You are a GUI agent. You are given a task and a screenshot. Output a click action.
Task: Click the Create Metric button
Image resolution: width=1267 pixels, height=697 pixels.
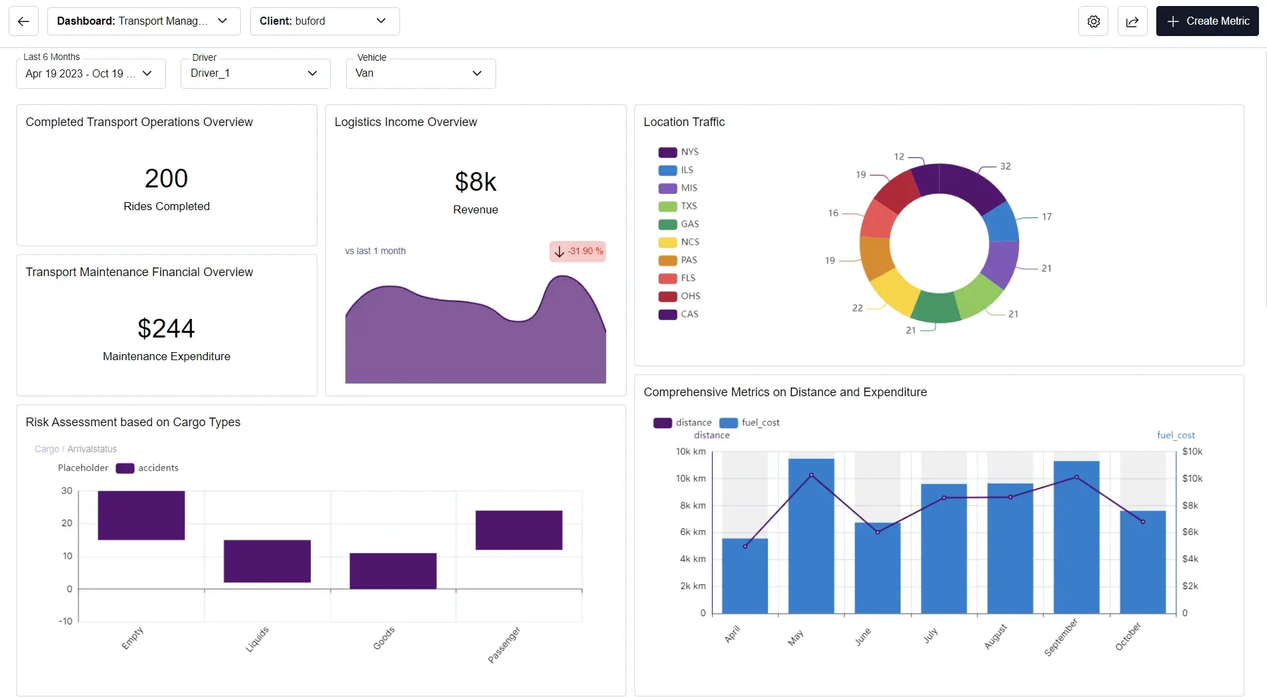pyautogui.click(x=1207, y=21)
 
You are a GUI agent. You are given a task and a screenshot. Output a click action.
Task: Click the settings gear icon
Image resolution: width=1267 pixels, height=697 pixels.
pyautogui.click(x=1094, y=21)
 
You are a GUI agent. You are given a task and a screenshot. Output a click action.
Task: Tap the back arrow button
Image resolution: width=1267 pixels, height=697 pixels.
pyautogui.click(x=23, y=21)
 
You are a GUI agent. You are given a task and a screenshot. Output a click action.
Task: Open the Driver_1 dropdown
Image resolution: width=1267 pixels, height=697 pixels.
pyautogui.click(x=255, y=73)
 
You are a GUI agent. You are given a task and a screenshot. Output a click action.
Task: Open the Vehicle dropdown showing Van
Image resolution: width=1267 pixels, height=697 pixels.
pyautogui.click(x=420, y=73)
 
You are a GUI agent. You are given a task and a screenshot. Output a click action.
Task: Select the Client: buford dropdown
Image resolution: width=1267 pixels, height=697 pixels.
pyautogui.click(x=324, y=21)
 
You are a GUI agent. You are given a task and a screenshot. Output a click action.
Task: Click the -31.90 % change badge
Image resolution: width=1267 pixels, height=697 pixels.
pyautogui.click(x=577, y=251)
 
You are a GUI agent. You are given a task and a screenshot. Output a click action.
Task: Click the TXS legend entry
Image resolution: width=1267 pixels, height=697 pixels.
pyautogui.click(x=679, y=206)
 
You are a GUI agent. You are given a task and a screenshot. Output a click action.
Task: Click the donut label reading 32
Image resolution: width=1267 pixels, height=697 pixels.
pyautogui.click(x=1005, y=166)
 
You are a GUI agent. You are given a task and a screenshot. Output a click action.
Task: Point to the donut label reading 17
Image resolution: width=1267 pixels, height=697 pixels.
pyautogui.click(x=1046, y=217)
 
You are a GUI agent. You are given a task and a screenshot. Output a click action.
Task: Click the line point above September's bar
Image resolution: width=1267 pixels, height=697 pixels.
pyautogui.click(x=1076, y=478)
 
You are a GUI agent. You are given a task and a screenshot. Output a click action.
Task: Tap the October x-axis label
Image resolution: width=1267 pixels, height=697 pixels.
pyautogui.click(x=1128, y=637)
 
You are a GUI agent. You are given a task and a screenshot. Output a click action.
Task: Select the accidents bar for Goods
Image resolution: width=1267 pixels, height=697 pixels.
pyautogui.click(x=393, y=571)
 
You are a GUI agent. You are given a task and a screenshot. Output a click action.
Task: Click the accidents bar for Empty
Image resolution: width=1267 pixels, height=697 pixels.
pyautogui.click(x=141, y=515)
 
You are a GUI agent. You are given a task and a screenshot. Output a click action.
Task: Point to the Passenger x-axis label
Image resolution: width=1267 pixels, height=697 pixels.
pyautogui.click(x=504, y=644)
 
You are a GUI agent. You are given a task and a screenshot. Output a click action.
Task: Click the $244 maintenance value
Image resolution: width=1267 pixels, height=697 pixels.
pyautogui.click(x=166, y=328)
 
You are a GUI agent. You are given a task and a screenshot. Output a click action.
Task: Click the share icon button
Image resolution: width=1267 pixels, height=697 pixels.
pyautogui.click(x=1132, y=21)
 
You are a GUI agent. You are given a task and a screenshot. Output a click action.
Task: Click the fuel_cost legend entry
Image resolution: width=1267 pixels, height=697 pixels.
pyautogui.click(x=750, y=423)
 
